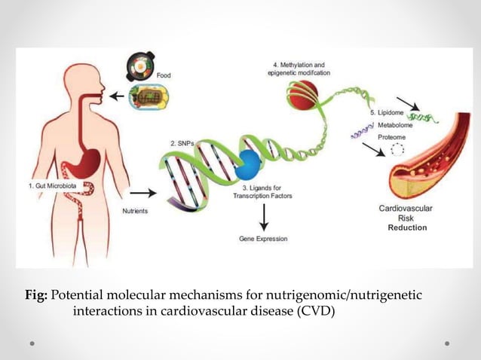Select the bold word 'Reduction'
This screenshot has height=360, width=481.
point(407,227)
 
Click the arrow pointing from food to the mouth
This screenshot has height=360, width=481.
point(118,96)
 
